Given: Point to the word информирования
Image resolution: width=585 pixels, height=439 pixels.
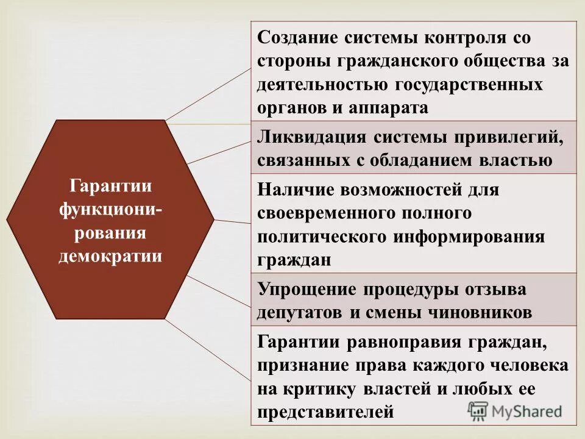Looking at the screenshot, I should click(x=477, y=237).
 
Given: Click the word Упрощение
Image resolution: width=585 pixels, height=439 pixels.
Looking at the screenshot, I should click(x=300, y=289).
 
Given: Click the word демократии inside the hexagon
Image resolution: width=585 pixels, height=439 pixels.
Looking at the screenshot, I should click(x=110, y=255).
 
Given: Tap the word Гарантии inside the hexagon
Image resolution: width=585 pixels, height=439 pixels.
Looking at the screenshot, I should click(x=110, y=185).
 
